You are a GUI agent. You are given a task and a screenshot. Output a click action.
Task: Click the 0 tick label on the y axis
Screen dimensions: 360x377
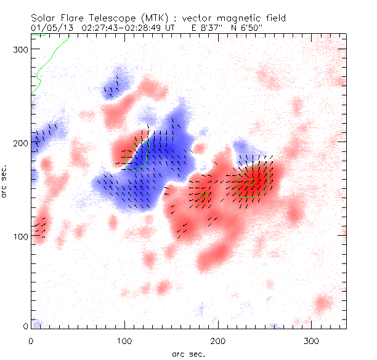pyautogui.click(x=25, y=326)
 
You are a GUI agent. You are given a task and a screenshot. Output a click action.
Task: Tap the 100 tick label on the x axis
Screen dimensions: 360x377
pyautogui.click(x=124, y=340)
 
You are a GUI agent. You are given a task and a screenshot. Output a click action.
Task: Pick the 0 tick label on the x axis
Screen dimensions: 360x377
pyautogui.click(x=31, y=340)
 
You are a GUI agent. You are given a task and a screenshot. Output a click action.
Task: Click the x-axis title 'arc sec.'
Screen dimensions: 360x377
pyautogui.click(x=188, y=354)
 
